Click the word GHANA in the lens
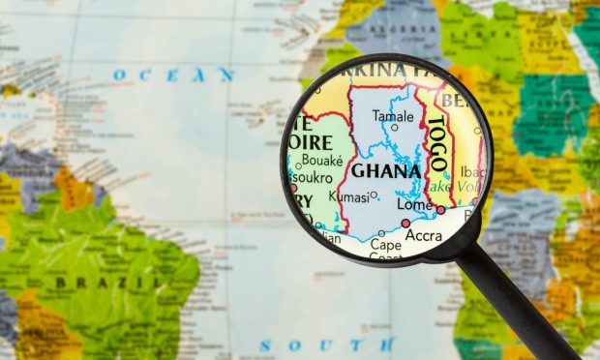pyautogui.click(x=386, y=171)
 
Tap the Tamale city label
pyautogui.click(x=394, y=115)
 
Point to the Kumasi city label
pyautogui.click(x=348, y=196)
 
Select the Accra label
pyautogui.click(x=424, y=235)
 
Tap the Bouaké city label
pyautogui.click(x=321, y=160)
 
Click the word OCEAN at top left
pyautogui.click(x=173, y=74)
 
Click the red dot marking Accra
pyautogui.click(x=405, y=224)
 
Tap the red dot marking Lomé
pyautogui.click(x=440, y=209)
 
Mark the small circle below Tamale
pyautogui.click(x=394, y=127)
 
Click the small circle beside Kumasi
pyautogui.click(x=374, y=195)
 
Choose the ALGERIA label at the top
pyautogui.click(x=397, y=29)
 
